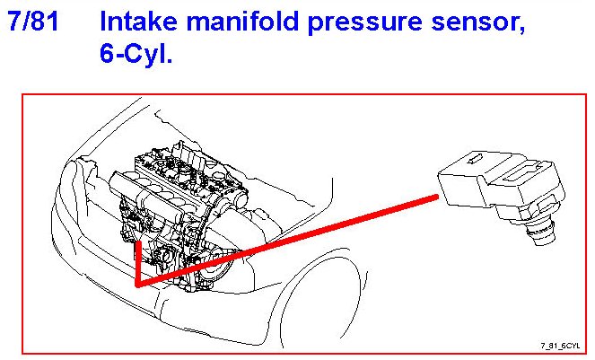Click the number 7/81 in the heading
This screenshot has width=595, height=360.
(x=33, y=22)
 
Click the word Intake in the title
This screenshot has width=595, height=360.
(x=143, y=22)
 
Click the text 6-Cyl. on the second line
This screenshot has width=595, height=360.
(x=136, y=56)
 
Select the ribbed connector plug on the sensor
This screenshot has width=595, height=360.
(x=530, y=175)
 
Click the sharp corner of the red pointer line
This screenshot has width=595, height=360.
(x=137, y=285)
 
